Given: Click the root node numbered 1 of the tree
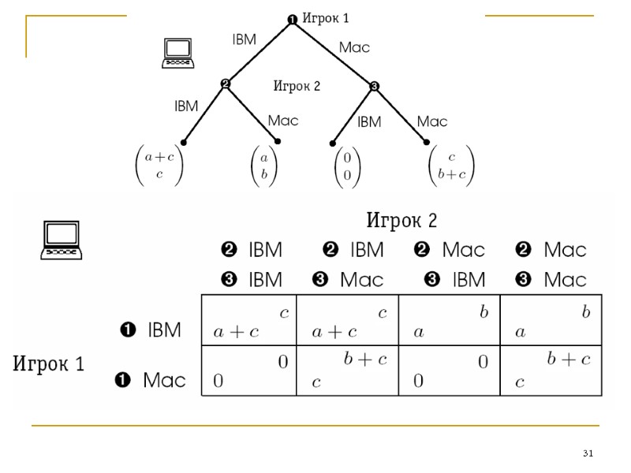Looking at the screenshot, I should (x=292, y=20).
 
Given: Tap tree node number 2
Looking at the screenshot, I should (x=225, y=84).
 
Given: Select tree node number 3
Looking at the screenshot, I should (x=375, y=86).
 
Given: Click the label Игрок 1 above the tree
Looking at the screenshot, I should (x=325, y=18).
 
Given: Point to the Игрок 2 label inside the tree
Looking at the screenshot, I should (x=297, y=86).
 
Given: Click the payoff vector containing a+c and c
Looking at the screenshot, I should (x=159, y=165).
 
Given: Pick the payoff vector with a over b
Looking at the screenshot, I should (x=265, y=165).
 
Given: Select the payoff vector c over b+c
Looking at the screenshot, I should (x=451, y=165).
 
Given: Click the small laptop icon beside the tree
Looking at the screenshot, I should (x=177, y=51).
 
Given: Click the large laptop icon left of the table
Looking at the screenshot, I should (x=62, y=240).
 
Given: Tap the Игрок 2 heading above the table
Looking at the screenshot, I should (x=401, y=218).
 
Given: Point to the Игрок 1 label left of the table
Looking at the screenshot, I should (x=49, y=363).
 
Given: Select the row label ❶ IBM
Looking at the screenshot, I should (x=149, y=330).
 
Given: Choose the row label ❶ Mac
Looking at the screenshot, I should (x=151, y=380).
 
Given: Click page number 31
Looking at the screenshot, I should (x=588, y=453).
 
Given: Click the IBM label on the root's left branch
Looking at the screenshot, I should (x=245, y=39).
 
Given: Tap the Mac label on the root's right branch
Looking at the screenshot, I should (x=354, y=47).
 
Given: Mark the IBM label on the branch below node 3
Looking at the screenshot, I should (x=369, y=122).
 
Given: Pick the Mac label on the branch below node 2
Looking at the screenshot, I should (x=283, y=121).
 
